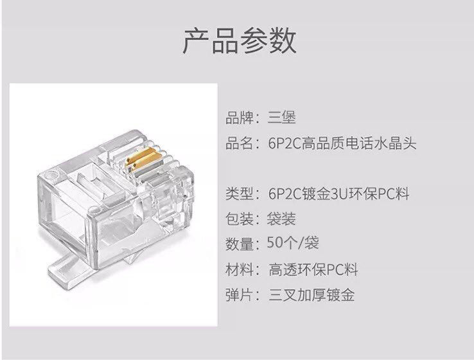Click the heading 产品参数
[240, 40]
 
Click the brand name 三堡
[281, 118]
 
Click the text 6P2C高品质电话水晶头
[342, 143]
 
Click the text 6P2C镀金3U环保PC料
[338, 194]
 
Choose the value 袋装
[281, 219]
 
